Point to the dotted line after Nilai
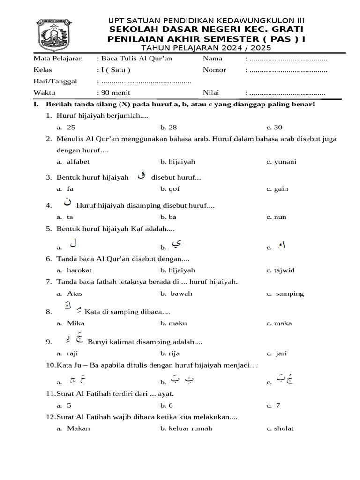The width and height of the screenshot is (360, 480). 287,93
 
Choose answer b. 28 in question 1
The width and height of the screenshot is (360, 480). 169,127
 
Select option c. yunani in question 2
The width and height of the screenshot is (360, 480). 281,162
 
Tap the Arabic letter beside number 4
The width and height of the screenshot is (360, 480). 68,203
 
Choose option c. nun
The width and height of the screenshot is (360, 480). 277,217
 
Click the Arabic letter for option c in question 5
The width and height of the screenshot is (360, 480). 281,245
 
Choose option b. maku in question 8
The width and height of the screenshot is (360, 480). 171,323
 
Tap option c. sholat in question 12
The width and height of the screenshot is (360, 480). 280,428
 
